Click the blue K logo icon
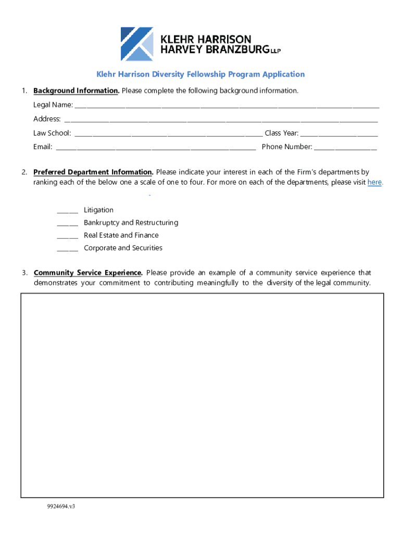coord(137,44)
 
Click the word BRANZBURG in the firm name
coord(236,50)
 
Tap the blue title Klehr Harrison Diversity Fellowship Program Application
coord(200,74)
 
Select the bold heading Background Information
coord(76,91)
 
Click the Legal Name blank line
coord(227,106)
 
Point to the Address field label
coord(47,119)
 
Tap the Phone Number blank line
coord(345,148)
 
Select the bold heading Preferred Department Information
coord(93,172)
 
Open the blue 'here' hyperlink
coord(374,183)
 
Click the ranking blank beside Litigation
coord(67,211)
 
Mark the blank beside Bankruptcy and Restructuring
coord(67,224)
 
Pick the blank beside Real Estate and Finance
coord(67,236)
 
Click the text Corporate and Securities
coord(123,248)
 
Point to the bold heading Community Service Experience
coord(88,273)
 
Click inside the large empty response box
coord(202,395)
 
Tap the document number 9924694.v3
coord(61,506)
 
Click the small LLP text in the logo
coord(275,52)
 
